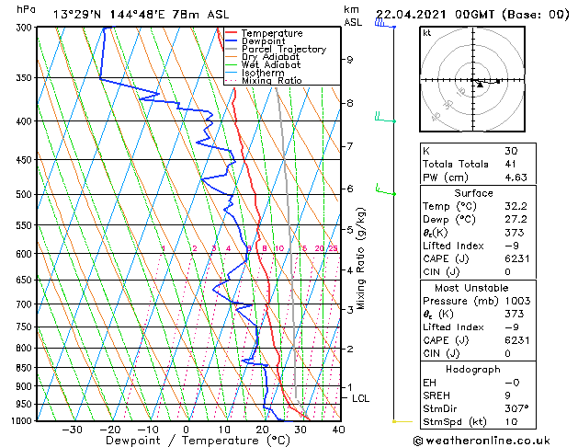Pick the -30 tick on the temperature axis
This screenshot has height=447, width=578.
coord(73,429)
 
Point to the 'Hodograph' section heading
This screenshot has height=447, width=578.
coord(473,369)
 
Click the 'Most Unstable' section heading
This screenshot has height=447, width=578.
coord(473,288)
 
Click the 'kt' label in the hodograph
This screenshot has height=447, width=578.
coord(426,32)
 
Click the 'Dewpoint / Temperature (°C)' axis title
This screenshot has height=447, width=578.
coord(185,441)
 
